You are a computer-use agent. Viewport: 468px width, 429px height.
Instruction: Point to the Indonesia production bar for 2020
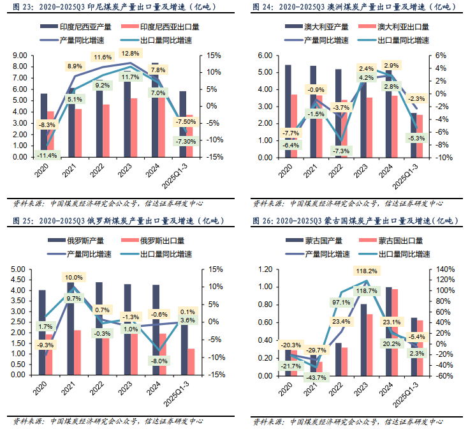point(44,124)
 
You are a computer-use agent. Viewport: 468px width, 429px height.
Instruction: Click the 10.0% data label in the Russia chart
point(74,277)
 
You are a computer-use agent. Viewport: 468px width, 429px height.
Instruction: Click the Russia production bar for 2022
point(99,328)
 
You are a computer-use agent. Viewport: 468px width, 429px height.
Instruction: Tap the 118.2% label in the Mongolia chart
point(365,271)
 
